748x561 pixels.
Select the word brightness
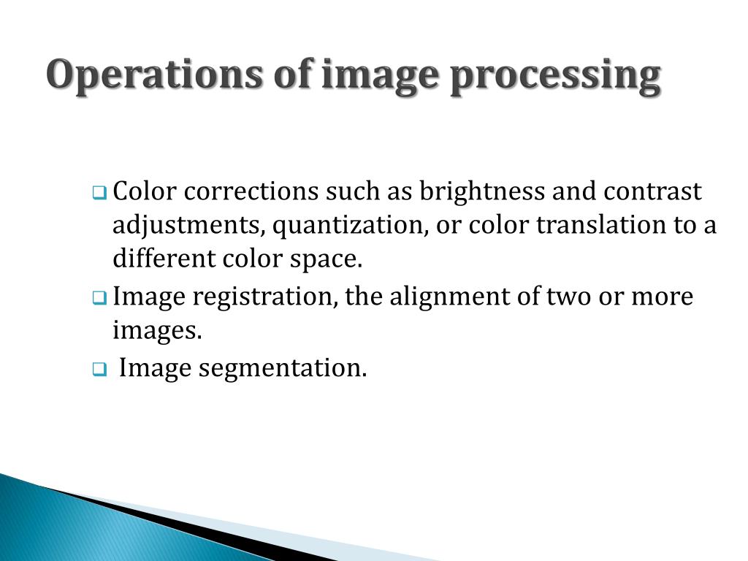[481, 192]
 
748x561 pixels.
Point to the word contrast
[652, 192]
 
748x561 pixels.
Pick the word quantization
[350, 226]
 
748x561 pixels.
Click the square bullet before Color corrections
[99, 194]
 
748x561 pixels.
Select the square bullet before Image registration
[99, 298]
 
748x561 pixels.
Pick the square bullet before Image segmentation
[99, 370]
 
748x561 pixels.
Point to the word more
[662, 298]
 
